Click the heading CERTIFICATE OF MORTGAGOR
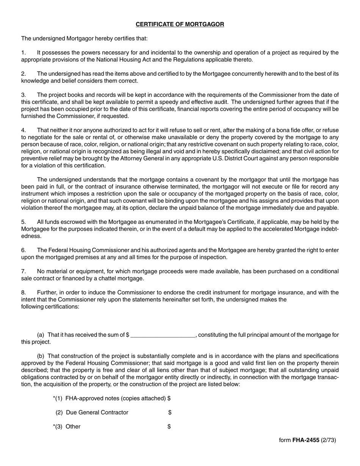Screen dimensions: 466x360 click(180, 24)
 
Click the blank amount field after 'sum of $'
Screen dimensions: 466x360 click(163, 335)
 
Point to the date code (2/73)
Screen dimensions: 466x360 click(328, 440)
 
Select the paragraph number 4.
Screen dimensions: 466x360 click(23, 130)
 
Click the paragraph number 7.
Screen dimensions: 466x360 click(23, 271)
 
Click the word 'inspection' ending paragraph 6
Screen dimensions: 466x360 click(214, 257)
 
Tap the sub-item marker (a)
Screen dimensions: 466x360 click(41, 335)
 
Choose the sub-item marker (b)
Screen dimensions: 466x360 click(41, 356)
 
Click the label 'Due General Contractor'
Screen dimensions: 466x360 click(97, 413)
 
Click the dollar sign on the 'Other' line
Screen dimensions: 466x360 click(169, 427)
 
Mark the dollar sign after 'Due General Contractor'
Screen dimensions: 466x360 click(170, 413)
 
